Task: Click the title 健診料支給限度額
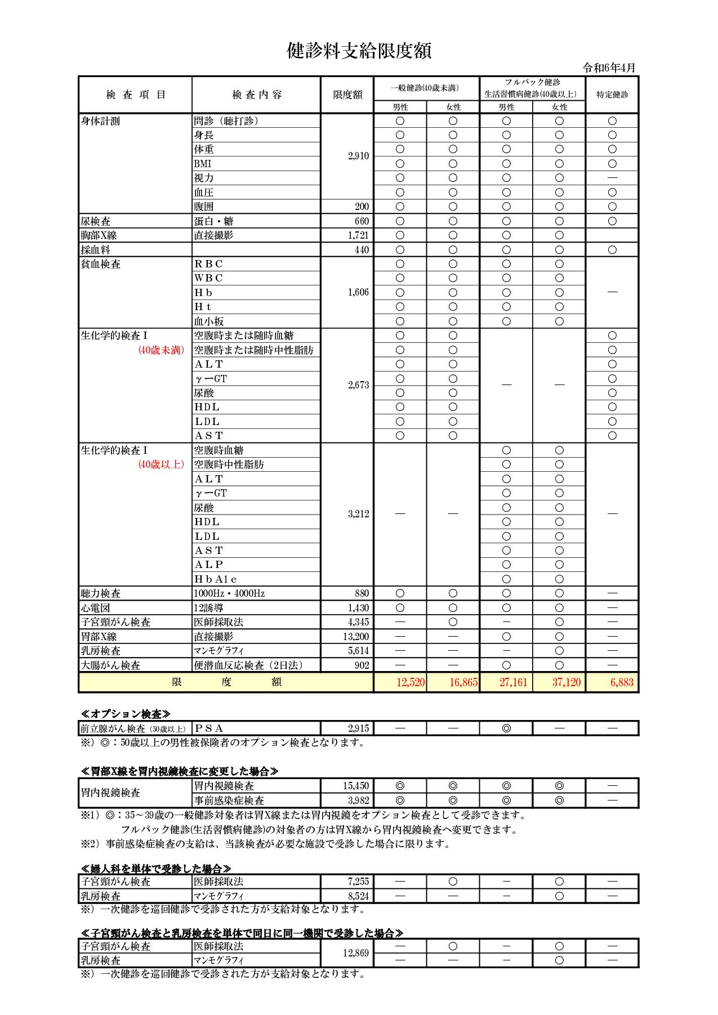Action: pos(359,51)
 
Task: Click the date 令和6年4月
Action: pos(609,68)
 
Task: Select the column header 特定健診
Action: pos(612,95)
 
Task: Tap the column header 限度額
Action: pos(347,95)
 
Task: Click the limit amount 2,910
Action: pos(358,156)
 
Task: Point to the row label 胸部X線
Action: pos(99,235)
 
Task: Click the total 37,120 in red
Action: pos(566,682)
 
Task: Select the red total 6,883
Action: pos(622,682)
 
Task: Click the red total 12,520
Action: pos(411,682)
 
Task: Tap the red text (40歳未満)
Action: pos(161,350)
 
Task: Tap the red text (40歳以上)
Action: pos(161,464)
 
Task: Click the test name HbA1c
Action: pos(216,579)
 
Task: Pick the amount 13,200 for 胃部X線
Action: pos(356,637)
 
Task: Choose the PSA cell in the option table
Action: pos(209,728)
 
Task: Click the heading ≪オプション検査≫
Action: pos(125,714)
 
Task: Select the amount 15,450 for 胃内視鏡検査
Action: pos(356,786)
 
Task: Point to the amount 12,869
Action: pos(356,953)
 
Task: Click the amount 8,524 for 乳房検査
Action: pos(358,896)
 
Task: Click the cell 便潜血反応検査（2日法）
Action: pos(249,665)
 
